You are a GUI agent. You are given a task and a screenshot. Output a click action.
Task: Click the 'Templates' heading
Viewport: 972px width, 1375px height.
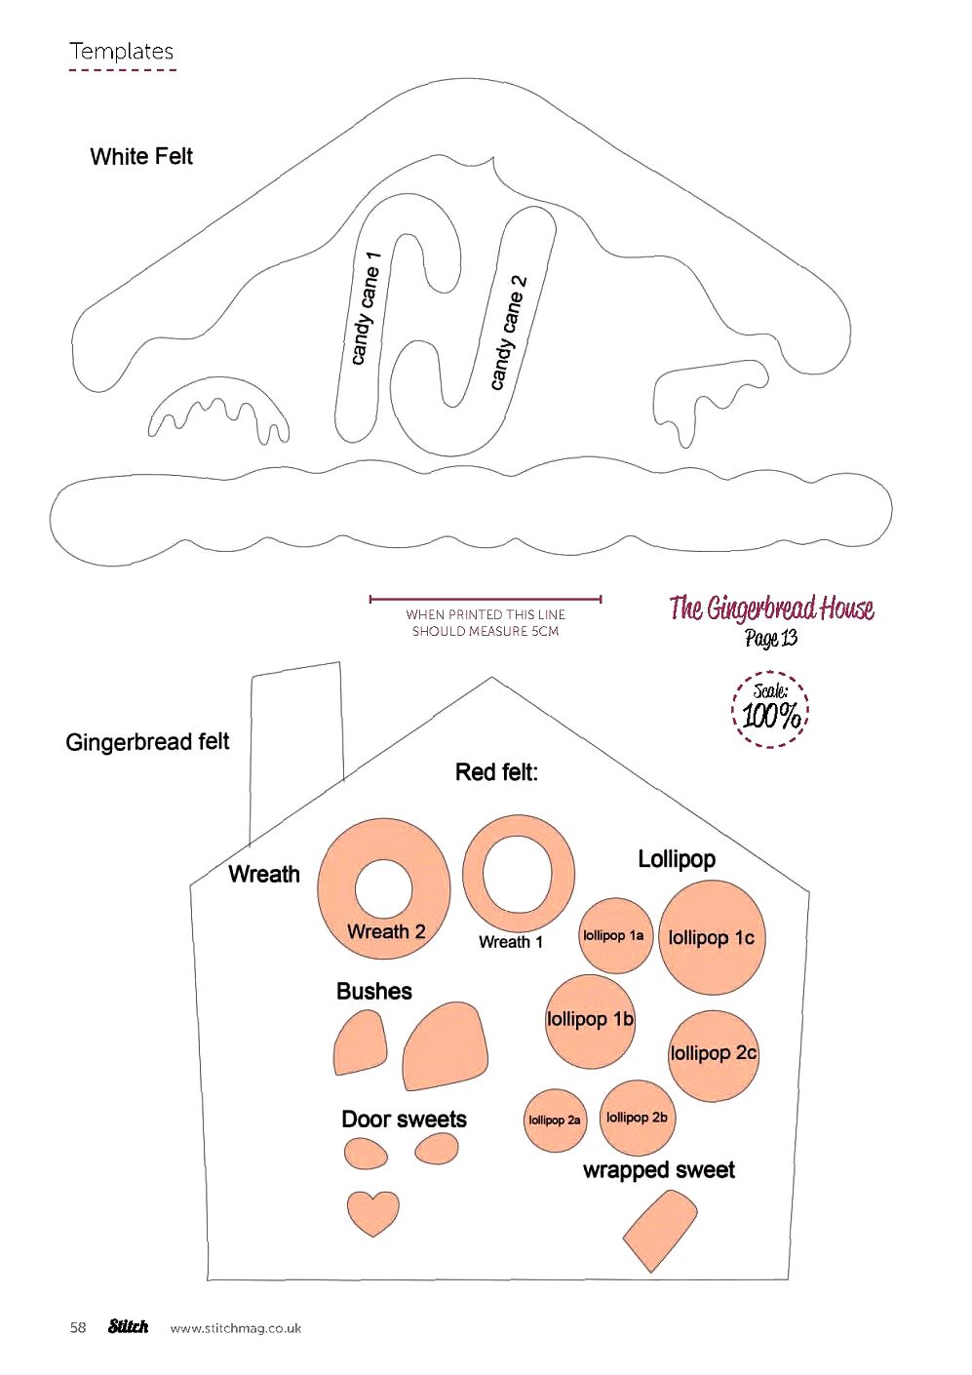click(x=122, y=51)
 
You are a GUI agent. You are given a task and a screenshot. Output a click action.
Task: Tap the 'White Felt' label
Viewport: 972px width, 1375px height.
click(x=141, y=157)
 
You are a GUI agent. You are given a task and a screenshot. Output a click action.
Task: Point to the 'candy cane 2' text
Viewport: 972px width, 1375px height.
click(x=508, y=333)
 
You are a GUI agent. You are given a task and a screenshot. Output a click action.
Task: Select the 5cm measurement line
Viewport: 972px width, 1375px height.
click(x=486, y=599)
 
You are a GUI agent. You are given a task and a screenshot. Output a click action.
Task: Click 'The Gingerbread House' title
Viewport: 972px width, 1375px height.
click(x=771, y=608)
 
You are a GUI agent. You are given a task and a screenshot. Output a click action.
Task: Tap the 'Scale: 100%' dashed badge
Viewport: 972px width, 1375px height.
click(x=771, y=709)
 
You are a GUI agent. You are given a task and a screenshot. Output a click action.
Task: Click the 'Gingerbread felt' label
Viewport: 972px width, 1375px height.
click(x=147, y=742)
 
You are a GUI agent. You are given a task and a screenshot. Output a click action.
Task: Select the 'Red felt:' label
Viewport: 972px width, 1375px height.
click(x=496, y=772)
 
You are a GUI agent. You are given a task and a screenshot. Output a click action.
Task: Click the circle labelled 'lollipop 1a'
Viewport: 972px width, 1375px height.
click(x=615, y=935)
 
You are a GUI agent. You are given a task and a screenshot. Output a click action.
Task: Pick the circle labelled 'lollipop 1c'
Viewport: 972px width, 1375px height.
click(x=712, y=938)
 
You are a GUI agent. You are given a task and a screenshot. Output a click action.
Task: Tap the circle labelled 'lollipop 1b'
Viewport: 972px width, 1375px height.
click(x=590, y=1022)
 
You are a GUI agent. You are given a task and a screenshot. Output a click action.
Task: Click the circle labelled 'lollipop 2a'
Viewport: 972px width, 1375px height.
click(x=555, y=1120)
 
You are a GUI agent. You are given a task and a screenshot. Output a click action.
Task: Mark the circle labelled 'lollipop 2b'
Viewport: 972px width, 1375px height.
click(x=637, y=1118)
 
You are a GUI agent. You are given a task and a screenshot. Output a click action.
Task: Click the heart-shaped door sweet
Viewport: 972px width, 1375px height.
click(x=373, y=1212)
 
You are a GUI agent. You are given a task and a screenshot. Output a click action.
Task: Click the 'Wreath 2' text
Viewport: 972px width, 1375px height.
click(x=386, y=931)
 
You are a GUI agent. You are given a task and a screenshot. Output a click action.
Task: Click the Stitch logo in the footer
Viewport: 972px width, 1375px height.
click(x=129, y=1326)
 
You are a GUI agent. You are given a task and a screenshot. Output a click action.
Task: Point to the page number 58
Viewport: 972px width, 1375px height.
click(x=78, y=1328)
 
